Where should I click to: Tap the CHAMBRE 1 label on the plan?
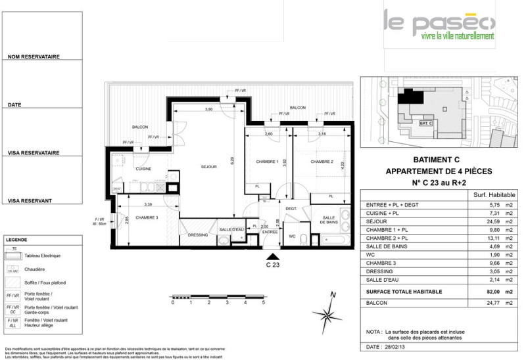[x=268, y=162]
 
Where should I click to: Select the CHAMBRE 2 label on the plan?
[x=323, y=162]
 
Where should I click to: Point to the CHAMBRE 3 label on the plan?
[x=147, y=218]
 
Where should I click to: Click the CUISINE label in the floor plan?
[x=144, y=169]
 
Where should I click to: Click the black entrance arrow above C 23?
[x=272, y=256]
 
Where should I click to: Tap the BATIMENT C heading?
[x=439, y=160]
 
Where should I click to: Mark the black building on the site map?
[x=413, y=95]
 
